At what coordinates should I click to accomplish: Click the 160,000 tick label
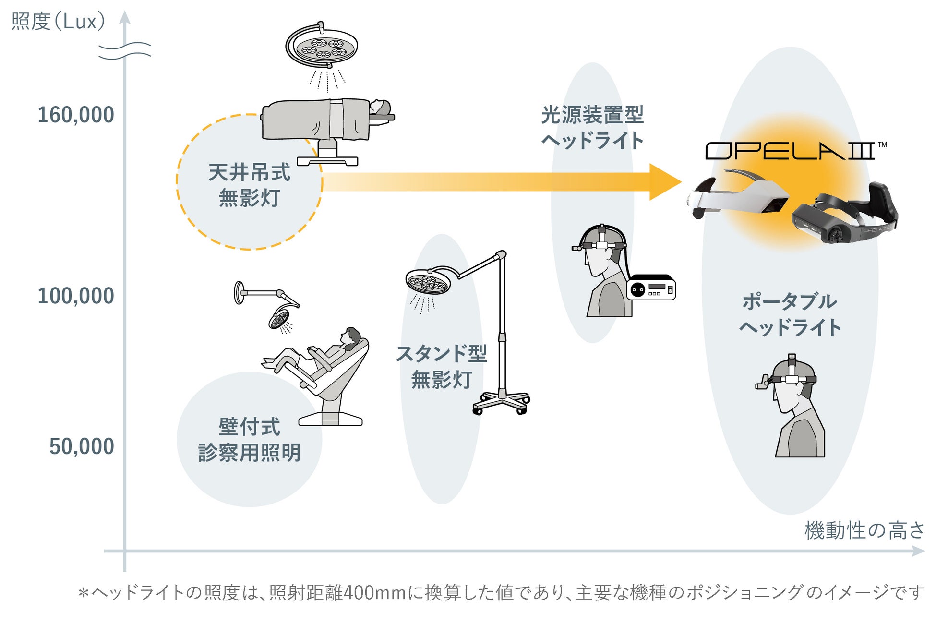[x=76, y=115]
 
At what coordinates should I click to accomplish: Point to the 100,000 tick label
[x=76, y=296]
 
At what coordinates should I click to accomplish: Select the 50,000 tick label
[x=82, y=446]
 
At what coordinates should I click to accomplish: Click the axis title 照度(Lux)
[x=58, y=22]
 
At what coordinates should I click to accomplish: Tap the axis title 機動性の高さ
[x=864, y=530]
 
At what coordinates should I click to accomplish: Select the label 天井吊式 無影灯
[x=249, y=185]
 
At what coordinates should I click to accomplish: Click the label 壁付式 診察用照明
[x=249, y=439]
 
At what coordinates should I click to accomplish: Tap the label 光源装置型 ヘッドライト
[x=592, y=127]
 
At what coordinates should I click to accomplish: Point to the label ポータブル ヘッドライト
[x=790, y=314]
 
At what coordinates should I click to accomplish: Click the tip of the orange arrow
[x=679, y=181]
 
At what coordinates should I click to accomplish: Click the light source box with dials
[x=651, y=288]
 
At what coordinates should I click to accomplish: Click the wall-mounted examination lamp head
[x=279, y=319]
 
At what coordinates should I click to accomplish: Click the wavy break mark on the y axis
[x=124, y=51]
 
